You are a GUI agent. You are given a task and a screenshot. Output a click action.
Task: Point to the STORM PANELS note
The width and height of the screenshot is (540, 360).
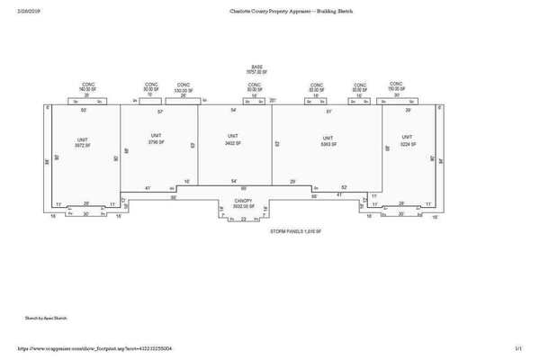295,232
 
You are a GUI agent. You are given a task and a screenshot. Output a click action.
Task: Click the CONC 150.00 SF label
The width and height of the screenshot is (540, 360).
397,89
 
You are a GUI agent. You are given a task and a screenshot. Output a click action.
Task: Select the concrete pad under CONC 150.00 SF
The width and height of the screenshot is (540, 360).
397,103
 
